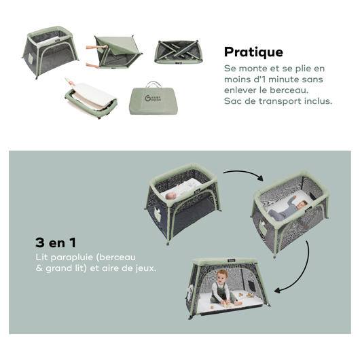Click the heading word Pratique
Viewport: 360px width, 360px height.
tap(253, 52)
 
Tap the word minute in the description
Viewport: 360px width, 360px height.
tap(284, 79)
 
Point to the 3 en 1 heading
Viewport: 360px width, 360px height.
tap(56, 242)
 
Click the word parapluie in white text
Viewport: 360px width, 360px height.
tap(70, 257)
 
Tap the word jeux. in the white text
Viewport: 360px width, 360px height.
tap(146, 268)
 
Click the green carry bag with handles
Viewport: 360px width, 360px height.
tap(154, 98)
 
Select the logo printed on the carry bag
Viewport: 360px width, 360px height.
tap(153, 98)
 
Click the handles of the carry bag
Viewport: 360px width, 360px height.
tap(154, 84)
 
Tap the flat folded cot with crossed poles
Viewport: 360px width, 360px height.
tap(178, 52)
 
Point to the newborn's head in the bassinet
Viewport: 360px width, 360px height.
tap(170, 196)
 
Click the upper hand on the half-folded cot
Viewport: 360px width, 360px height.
tap(97, 47)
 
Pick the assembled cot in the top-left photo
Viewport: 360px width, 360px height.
tap(50, 52)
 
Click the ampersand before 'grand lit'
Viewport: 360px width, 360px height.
tap(39, 268)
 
